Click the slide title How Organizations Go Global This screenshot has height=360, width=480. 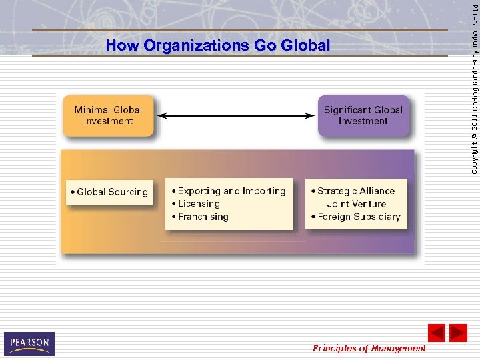tap(217, 46)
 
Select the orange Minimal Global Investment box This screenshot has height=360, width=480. tap(108, 115)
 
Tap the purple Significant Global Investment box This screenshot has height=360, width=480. tap(363, 115)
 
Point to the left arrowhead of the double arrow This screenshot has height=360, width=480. tap(161, 115)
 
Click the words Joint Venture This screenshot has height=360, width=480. tap(356, 204)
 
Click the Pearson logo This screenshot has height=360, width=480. tap(29, 343)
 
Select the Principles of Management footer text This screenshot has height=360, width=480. tap(369, 348)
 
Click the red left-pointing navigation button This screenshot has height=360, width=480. tap(436, 332)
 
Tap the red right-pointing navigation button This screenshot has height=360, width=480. tap(458, 332)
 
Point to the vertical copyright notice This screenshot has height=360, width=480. tap(473, 87)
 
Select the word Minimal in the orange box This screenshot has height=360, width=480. tap(92, 110)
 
